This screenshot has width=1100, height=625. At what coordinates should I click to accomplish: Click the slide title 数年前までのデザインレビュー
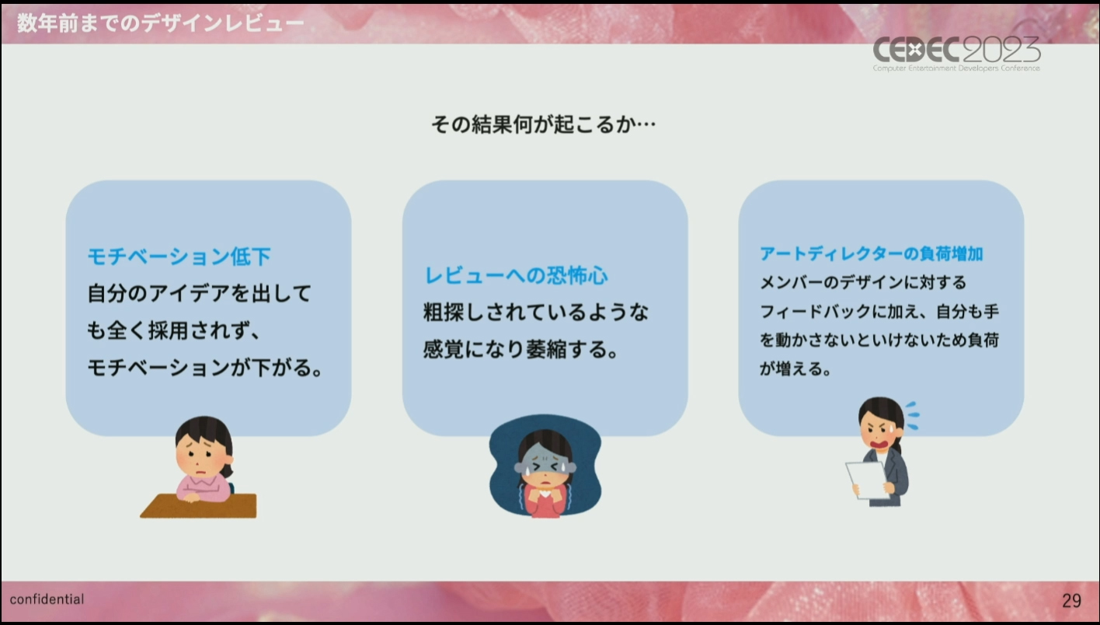161,23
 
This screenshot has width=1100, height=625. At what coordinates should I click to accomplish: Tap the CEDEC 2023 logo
956,54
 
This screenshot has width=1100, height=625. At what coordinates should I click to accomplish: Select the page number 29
1071,600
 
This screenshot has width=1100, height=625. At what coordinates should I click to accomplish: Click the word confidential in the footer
47,599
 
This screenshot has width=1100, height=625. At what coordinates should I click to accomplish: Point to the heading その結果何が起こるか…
544,124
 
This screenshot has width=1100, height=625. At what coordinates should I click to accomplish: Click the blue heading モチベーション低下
179,257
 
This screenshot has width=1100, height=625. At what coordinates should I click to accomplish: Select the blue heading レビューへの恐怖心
516,275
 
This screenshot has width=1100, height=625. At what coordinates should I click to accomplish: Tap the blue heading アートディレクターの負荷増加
871,253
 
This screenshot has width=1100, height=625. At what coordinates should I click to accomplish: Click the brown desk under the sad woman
199,507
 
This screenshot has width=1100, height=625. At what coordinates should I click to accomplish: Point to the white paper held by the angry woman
867,480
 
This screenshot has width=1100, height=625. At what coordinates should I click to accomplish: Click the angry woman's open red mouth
879,444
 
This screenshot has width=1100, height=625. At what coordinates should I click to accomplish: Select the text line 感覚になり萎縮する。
520,350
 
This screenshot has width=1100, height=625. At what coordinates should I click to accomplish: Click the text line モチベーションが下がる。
205,368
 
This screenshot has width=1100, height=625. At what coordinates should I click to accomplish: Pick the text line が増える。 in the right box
795,368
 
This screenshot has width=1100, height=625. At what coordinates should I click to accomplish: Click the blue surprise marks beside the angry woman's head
913,416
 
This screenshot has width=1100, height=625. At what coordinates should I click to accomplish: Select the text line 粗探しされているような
536,312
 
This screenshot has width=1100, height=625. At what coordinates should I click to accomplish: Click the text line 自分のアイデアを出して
200,293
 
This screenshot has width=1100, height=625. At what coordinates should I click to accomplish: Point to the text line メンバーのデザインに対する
863,282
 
